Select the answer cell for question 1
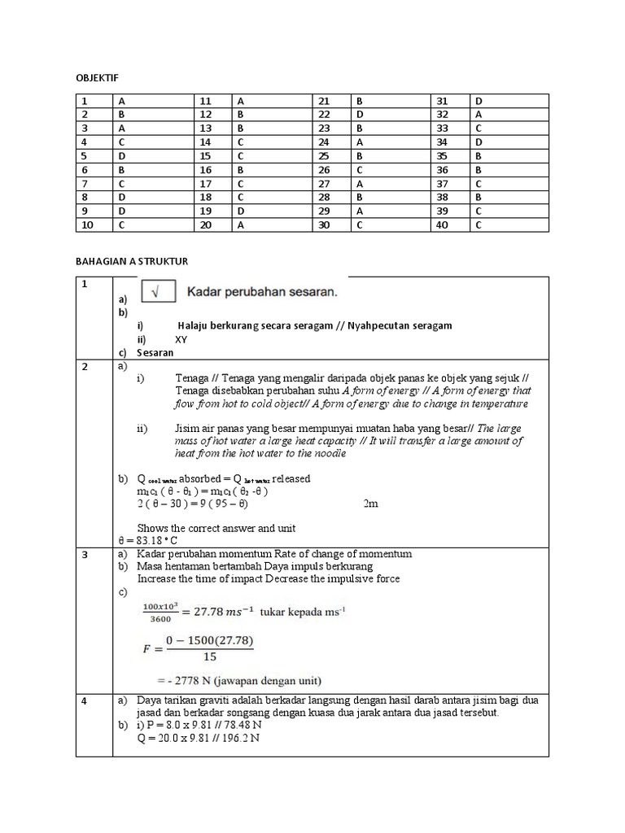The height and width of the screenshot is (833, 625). point(154,101)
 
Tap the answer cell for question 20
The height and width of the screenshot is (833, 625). point(273,225)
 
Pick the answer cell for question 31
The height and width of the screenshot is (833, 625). point(509,101)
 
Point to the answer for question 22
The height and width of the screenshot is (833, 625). point(391,115)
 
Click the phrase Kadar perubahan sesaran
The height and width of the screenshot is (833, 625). point(263,290)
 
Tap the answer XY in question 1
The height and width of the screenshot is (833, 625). point(181,339)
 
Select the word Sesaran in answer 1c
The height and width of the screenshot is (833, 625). point(155,353)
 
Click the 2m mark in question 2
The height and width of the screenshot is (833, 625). point(370,504)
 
